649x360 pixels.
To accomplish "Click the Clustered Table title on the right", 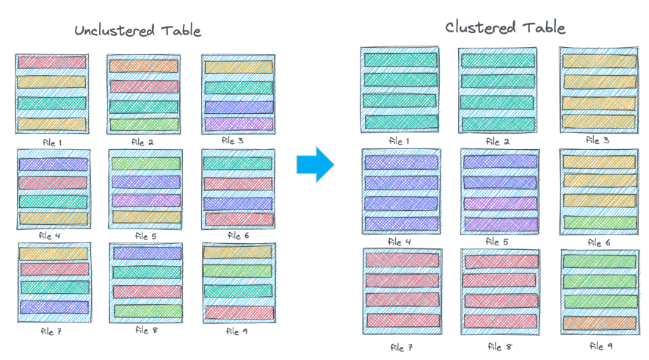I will (505, 28).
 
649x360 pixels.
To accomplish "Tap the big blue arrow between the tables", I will (315, 165).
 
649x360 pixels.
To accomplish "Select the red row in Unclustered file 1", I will (51, 62).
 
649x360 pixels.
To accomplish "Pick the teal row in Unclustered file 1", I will (51, 104).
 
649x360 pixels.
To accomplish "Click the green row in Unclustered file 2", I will (144, 125).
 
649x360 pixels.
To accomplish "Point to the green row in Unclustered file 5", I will (145, 163).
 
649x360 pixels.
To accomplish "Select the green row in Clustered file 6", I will (599, 221).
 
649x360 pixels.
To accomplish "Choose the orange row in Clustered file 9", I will (599, 322).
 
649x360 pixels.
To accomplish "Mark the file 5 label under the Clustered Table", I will (498, 242).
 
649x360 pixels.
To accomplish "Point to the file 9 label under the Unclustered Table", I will (237, 331).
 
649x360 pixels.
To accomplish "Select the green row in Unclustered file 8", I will (146, 311).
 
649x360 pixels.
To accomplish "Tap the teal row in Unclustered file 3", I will (238, 87).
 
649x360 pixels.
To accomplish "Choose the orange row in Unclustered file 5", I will (145, 217).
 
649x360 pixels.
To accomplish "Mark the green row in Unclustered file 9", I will (238, 271).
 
